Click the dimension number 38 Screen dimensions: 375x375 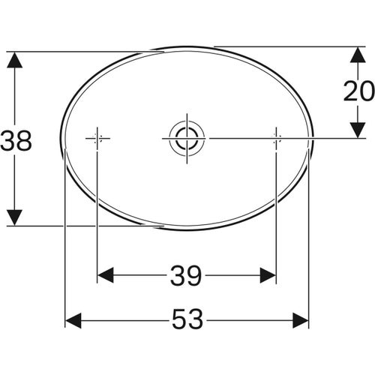coord(16,140)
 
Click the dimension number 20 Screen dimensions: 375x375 coord(358,91)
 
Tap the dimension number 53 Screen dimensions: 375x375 coord(187,321)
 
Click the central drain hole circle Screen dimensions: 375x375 coord(186,138)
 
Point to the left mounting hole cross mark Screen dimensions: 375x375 coord(97,138)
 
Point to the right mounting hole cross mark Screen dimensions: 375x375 coord(276,138)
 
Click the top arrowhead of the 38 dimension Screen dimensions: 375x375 coord(13,60)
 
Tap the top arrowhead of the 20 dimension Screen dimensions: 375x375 coord(358,54)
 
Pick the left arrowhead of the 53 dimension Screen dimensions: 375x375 coord(73,321)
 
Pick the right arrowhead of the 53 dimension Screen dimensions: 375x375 coord(301,321)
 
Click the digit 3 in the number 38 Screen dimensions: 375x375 coord(8,140)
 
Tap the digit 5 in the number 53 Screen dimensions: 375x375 coord(178,321)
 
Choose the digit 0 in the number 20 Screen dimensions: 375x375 coord(367,91)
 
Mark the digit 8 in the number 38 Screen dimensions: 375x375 coord(25,140)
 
